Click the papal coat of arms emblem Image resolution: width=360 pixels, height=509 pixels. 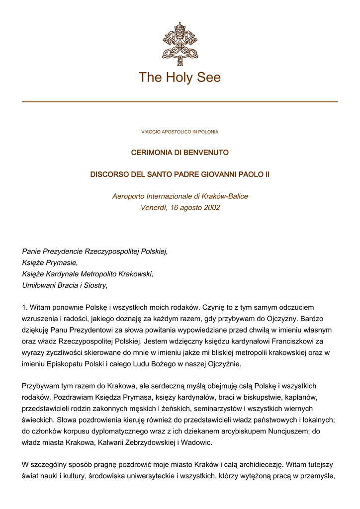pyautogui.click(x=180, y=40)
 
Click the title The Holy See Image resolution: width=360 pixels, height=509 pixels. pyautogui.click(x=180, y=78)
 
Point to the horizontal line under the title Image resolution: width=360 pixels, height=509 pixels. pyautogui.click(x=180, y=101)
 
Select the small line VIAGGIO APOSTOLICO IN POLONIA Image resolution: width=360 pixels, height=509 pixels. pyautogui.click(x=180, y=132)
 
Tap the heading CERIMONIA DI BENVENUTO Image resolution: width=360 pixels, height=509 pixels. pyautogui.click(x=180, y=153)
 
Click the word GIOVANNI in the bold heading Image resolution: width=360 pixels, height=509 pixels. pyautogui.click(x=219, y=175)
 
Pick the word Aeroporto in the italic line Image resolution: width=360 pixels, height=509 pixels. pyautogui.click(x=128, y=196)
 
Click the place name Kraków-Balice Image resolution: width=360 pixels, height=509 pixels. pyautogui.click(x=225, y=196)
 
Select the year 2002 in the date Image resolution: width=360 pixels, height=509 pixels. pyautogui.click(x=211, y=208)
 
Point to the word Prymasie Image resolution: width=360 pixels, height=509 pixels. pyautogui.click(x=60, y=263)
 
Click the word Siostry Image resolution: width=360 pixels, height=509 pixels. pyautogui.click(x=93, y=285)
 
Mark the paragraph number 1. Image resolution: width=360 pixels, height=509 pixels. pyautogui.click(x=25, y=308)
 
